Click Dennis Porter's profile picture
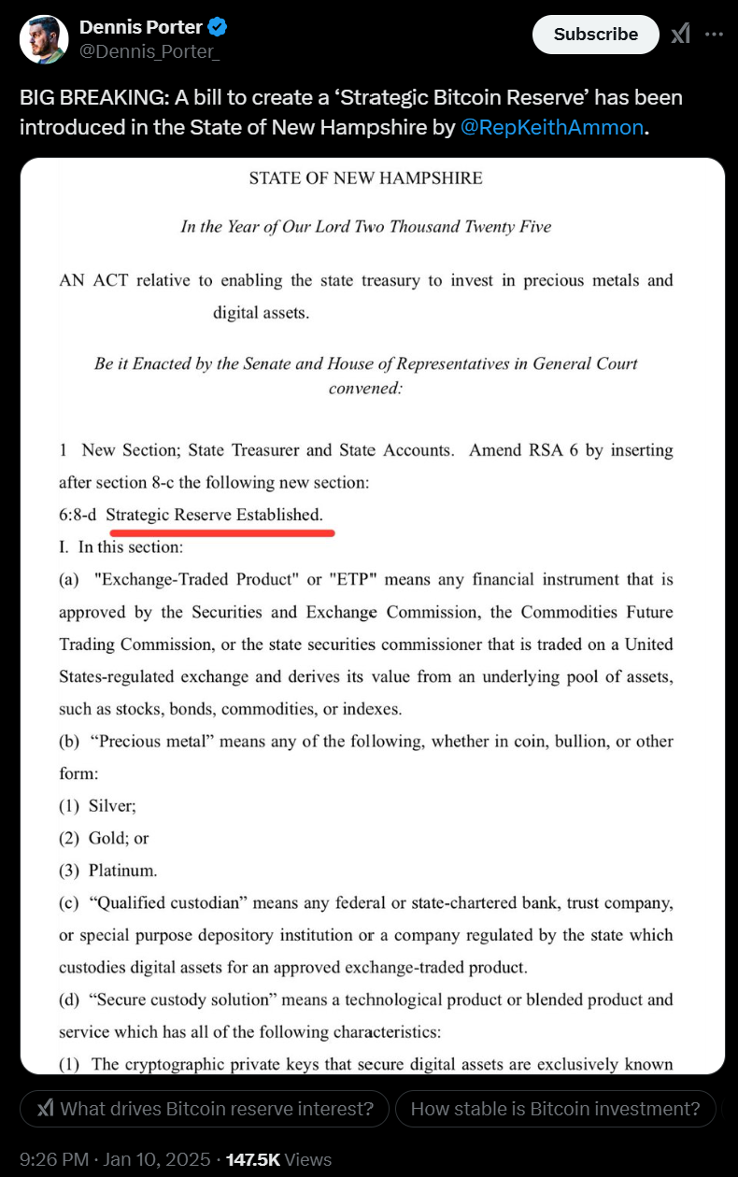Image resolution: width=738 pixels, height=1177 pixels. [x=44, y=39]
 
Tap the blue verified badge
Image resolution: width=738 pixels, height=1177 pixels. [x=218, y=28]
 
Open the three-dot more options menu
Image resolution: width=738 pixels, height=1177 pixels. [x=714, y=35]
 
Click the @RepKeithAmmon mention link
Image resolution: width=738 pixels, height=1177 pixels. [x=552, y=128]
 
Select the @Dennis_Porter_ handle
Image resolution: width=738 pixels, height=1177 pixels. [x=149, y=52]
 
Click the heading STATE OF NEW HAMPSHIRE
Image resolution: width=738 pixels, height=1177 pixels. [x=365, y=178]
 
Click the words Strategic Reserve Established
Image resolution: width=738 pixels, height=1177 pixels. [x=214, y=515]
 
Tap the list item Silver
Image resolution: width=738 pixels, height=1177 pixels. [x=111, y=805]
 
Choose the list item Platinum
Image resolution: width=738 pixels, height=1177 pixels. [x=122, y=871]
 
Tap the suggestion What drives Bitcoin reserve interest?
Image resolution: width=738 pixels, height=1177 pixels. [x=205, y=1109]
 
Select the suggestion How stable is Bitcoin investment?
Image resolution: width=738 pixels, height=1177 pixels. [x=555, y=1109]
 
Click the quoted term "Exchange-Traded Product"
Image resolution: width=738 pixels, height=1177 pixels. [x=195, y=580]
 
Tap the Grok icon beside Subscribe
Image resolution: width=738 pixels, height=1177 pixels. [x=680, y=35]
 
